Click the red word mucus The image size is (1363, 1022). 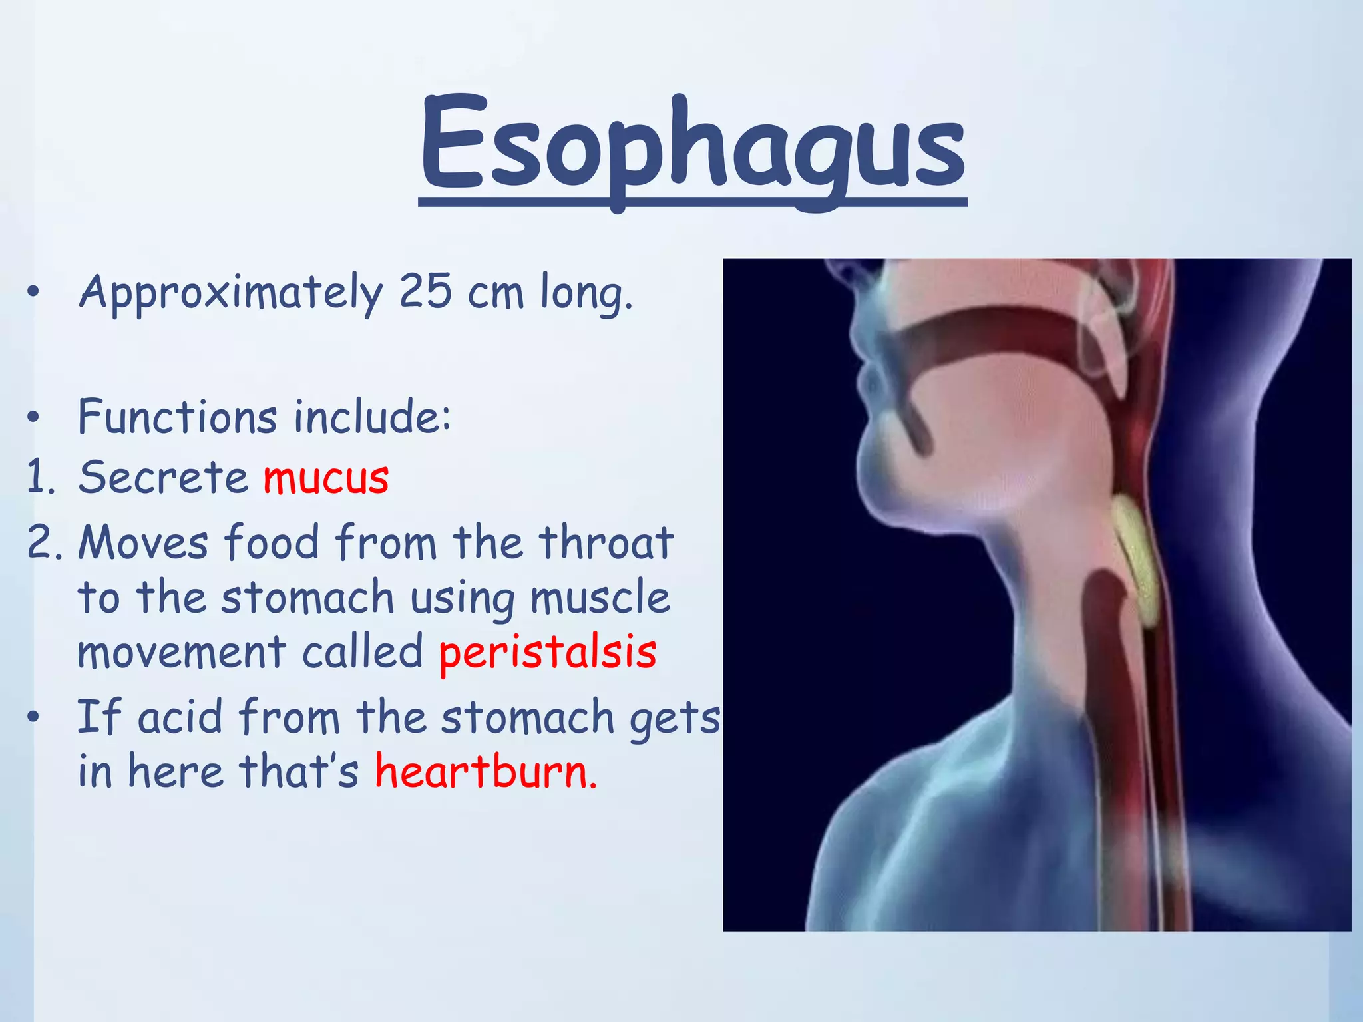(326, 478)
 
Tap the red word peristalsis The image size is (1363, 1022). (548, 653)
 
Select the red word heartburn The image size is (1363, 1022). (486, 772)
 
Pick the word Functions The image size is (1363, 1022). (177, 417)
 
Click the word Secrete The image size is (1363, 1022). (163, 478)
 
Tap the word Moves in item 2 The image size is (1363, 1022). (143, 542)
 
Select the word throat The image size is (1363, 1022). (606, 542)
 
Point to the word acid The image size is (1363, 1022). (180, 718)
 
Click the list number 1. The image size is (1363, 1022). (40, 478)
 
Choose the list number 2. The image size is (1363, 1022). (43, 542)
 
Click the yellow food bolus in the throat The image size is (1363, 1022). (1139, 562)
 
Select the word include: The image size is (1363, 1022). (373, 417)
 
